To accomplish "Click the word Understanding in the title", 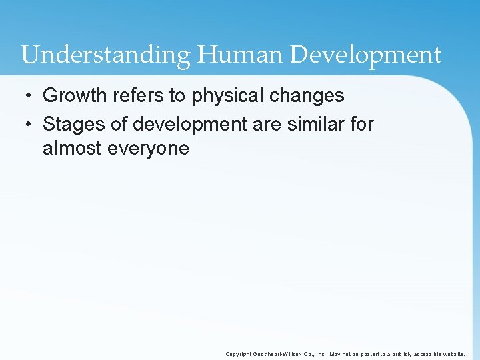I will point(105,55).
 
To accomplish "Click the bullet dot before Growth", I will point(27,96).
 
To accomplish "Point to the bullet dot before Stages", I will point(27,124).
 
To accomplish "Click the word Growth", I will point(73,96).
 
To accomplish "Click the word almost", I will point(73,148).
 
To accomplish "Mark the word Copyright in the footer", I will point(239,354).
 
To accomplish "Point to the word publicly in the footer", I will point(399,354).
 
